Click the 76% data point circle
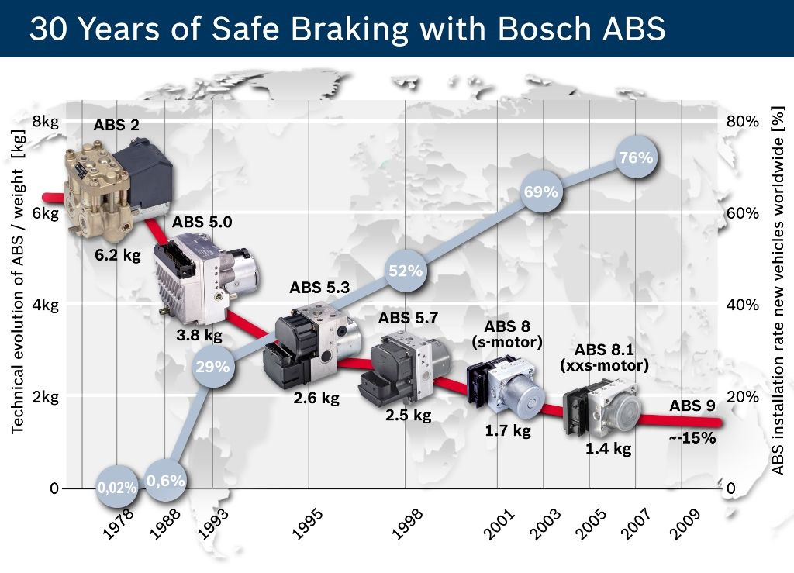636,158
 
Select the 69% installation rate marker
541,192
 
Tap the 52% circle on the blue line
406,271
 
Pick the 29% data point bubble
212,367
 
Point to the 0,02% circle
118,488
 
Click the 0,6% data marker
166,481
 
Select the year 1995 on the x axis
309,525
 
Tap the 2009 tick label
685,526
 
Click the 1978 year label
118,525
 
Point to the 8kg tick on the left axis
45,121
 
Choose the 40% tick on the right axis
743,305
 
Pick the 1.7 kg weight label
507,431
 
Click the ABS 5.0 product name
202,223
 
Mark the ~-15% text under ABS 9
692,437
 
